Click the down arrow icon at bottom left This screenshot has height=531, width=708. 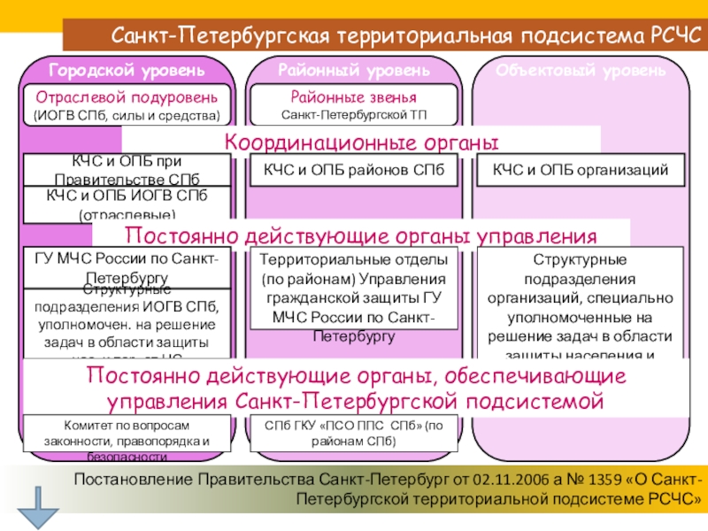37,507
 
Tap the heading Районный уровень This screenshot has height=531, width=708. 354,69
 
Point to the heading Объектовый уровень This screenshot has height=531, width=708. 581,69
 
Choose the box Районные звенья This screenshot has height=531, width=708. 354,104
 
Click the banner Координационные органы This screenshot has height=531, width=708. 360,142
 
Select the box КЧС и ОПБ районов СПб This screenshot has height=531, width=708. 354,169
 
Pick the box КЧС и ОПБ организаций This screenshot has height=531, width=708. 581,169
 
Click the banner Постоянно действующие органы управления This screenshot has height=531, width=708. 361,235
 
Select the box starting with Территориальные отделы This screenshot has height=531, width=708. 354,288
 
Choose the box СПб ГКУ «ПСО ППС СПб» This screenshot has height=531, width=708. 354,433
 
